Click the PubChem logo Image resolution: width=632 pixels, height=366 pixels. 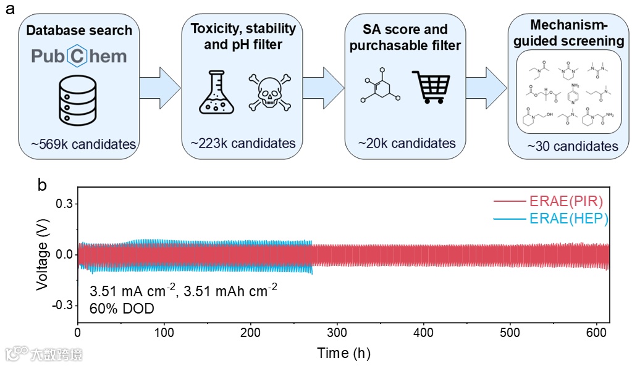tap(79, 56)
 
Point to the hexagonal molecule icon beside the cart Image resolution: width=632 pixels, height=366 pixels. tap(380, 90)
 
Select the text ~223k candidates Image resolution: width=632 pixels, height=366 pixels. tap(243, 144)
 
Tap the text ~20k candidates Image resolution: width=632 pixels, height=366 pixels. tap(407, 144)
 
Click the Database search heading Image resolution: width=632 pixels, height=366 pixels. tap(80, 30)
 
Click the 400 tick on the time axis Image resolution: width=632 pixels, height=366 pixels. tap(423, 333)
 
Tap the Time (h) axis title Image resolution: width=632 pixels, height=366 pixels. tap(344, 353)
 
